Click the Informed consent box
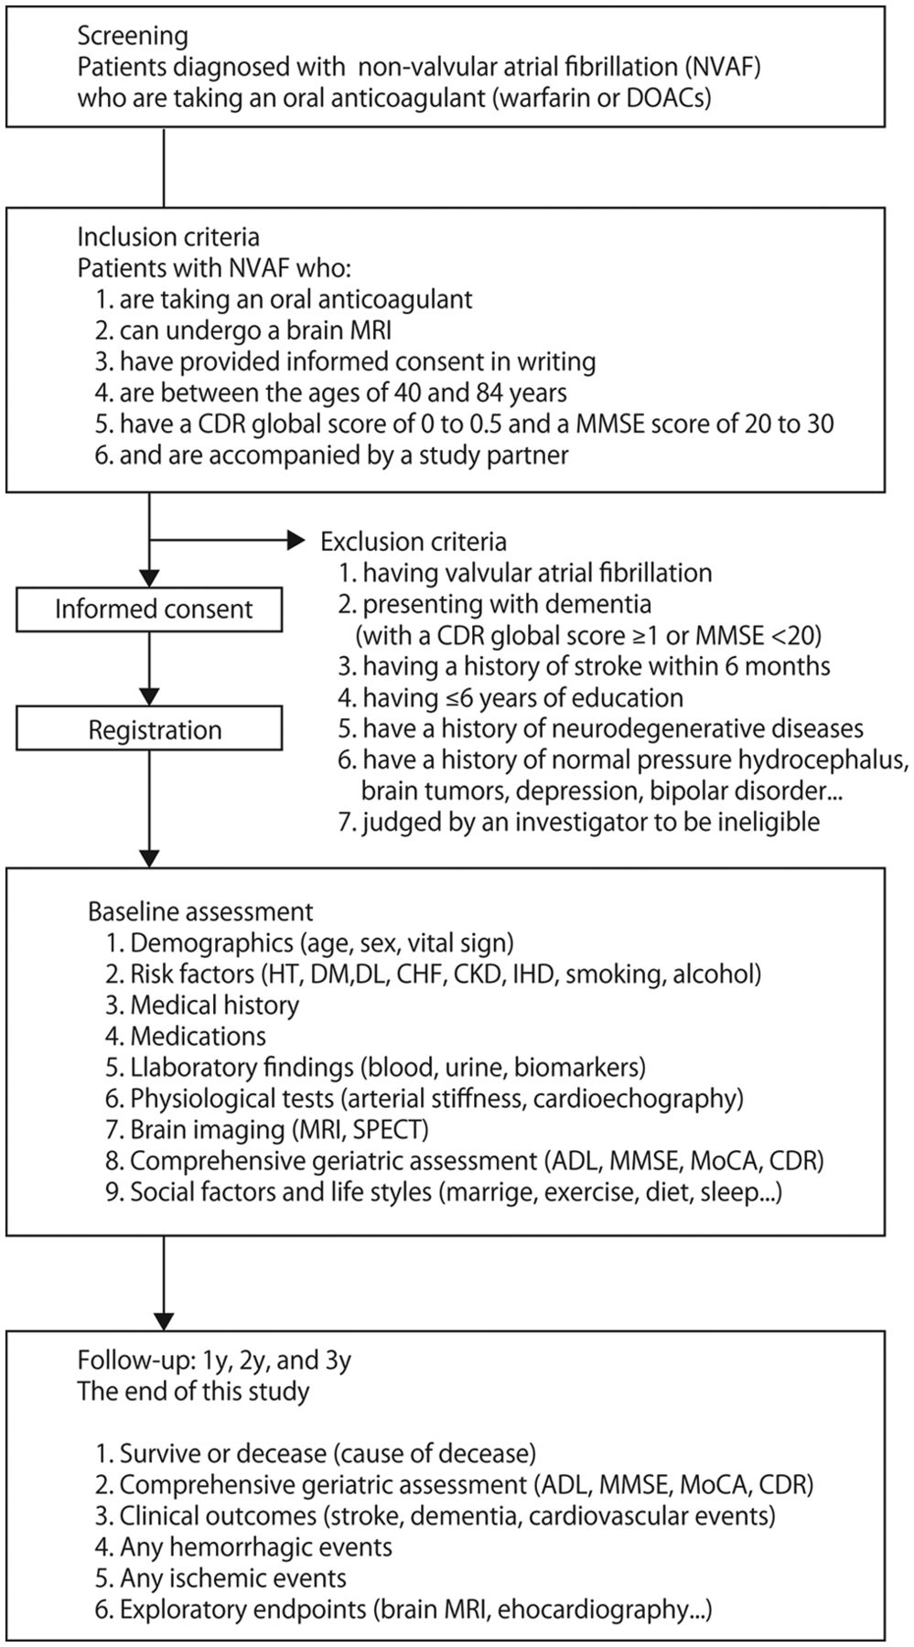[154, 609]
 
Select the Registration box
[154, 730]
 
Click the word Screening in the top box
[133, 37]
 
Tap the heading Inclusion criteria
[168, 237]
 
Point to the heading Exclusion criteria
[414, 542]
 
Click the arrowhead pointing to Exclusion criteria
[296, 542]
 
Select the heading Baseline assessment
[200, 911]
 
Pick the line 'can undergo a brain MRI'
[242, 330]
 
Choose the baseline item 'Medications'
[187, 1036]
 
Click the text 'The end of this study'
[193, 1393]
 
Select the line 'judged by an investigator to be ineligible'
[579, 823]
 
